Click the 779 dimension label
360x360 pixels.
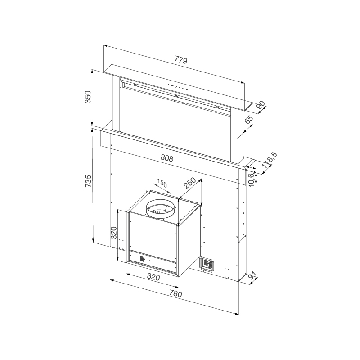[x=180, y=60]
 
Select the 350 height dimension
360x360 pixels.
[x=88, y=97]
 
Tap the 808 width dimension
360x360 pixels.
[x=167, y=158]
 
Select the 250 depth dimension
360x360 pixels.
[x=189, y=185]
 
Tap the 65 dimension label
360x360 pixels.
[x=249, y=120]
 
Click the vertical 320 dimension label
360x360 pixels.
[x=114, y=233]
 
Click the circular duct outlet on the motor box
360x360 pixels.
[x=161, y=209]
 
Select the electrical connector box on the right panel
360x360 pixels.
[x=207, y=264]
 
